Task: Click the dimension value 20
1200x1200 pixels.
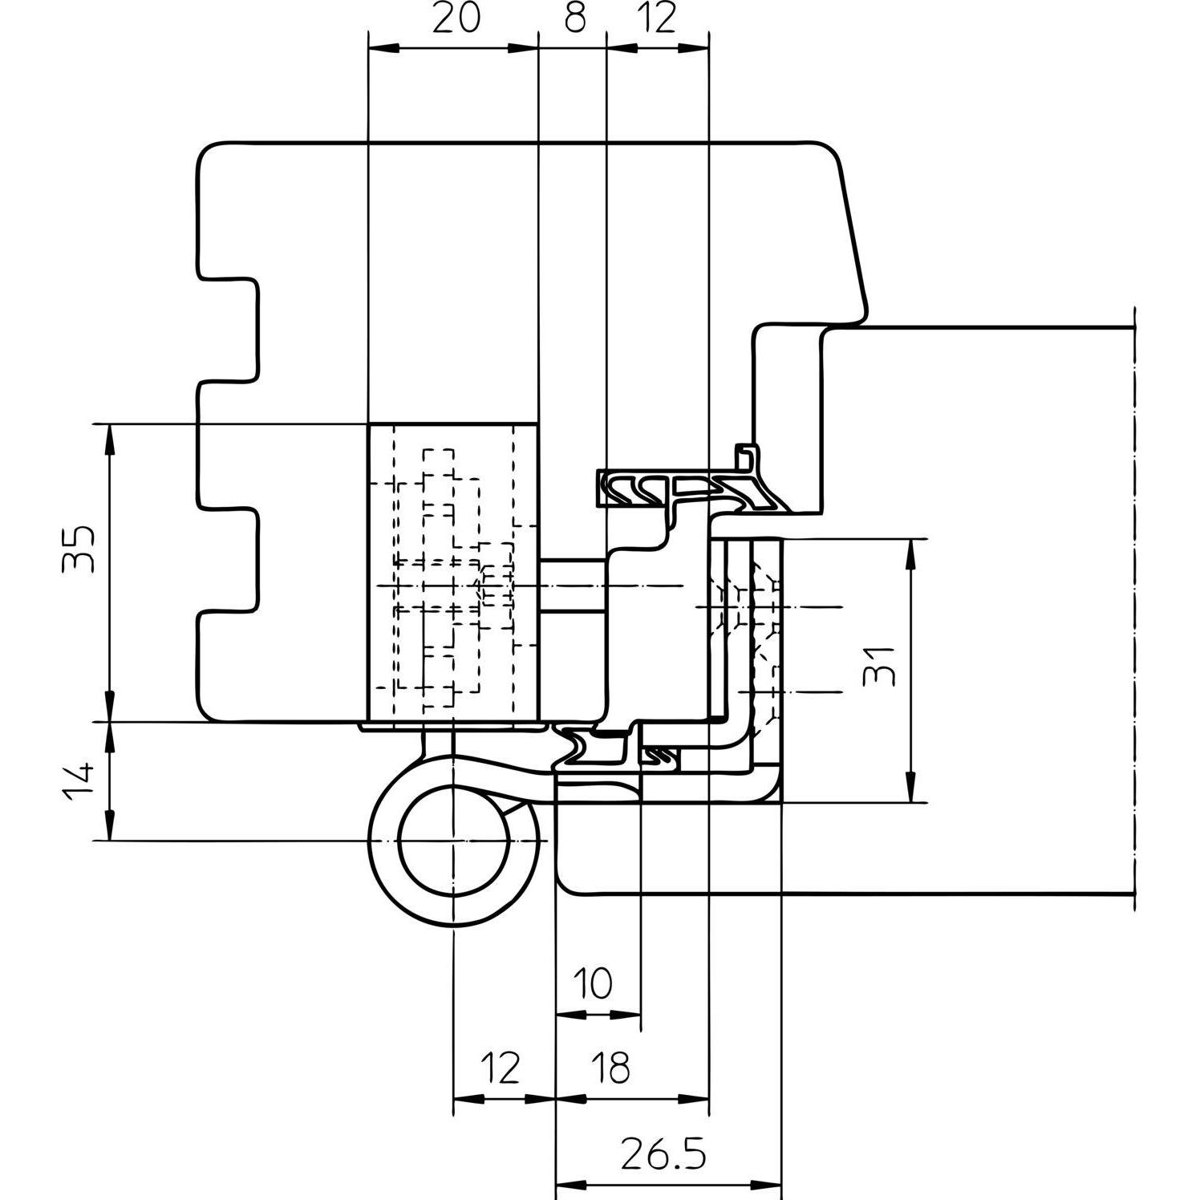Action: [x=456, y=18]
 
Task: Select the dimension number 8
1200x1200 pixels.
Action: [x=574, y=18]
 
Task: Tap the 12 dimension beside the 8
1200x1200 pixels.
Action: [x=658, y=18]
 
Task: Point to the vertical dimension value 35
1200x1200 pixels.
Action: [x=79, y=549]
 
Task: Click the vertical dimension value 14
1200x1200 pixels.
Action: [x=79, y=782]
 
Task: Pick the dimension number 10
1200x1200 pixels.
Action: [x=594, y=983]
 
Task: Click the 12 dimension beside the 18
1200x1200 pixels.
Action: [x=501, y=1068]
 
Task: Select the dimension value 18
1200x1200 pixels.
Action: [x=610, y=1068]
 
